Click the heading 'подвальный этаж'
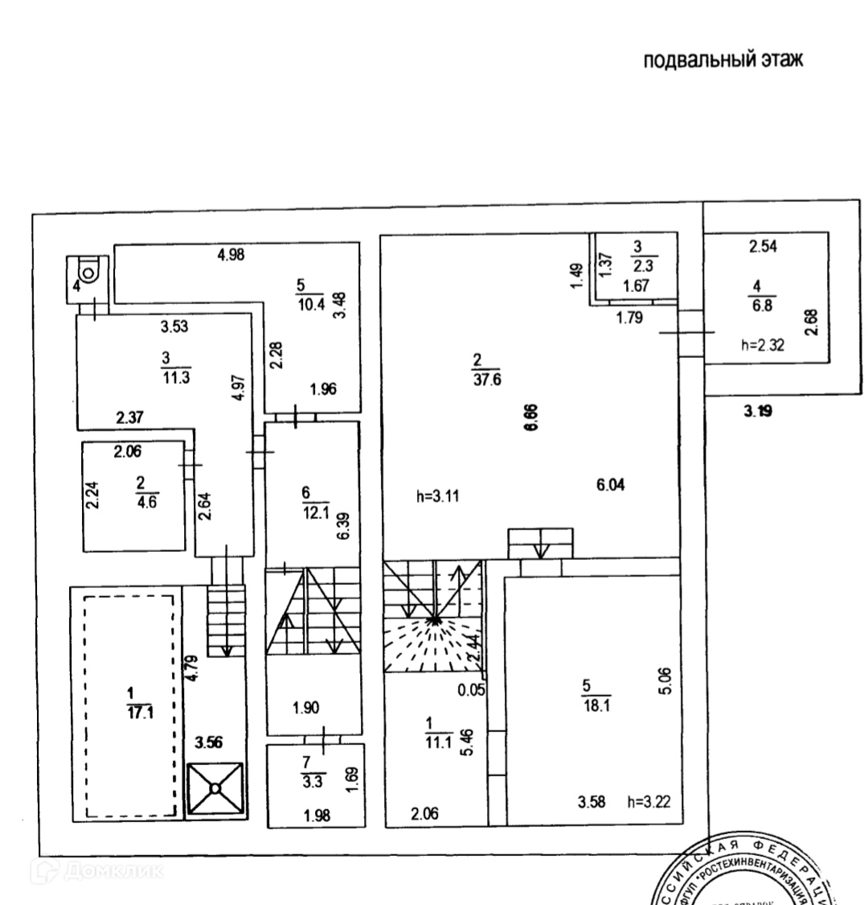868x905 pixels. tap(723, 61)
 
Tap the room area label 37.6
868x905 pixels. tap(487, 381)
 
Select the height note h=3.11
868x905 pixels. tap(438, 496)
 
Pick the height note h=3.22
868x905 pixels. tap(649, 800)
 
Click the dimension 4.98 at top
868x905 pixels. tap(231, 256)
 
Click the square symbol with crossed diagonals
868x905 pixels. tap(215, 789)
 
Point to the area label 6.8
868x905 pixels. tap(758, 307)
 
